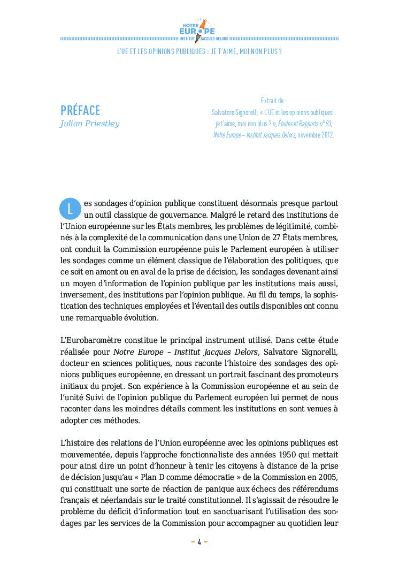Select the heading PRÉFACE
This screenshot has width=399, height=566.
point(80,111)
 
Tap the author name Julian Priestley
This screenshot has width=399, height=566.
point(89,124)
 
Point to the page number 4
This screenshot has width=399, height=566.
point(199,541)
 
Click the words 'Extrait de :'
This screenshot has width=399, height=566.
point(273,101)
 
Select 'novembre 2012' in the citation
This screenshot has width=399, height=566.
point(316,135)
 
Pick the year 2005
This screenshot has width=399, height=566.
point(327,477)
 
